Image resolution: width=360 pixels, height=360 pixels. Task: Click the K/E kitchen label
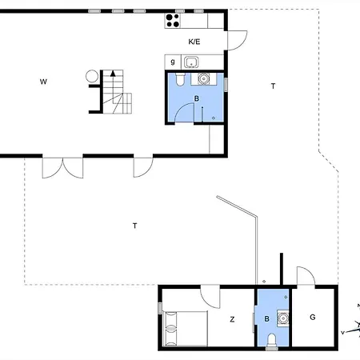[x=194, y=42]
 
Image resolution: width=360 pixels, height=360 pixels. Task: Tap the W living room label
[x=43, y=82]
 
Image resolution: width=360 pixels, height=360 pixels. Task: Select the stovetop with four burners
[x=173, y=21]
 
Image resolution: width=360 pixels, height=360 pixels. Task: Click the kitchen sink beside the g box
[x=191, y=62]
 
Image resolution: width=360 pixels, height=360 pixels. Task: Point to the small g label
[x=173, y=62]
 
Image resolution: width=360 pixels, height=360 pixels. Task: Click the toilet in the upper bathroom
[x=180, y=79]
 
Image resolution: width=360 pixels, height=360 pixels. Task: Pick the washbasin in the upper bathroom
[x=204, y=78]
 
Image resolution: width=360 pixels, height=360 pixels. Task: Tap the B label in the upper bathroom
[x=197, y=98]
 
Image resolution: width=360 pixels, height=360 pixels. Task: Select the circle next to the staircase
[x=92, y=76]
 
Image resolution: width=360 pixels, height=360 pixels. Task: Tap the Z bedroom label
[x=232, y=319]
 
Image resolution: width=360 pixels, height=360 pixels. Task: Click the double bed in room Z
[x=185, y=329]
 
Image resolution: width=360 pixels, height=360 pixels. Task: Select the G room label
[x=313, y=317]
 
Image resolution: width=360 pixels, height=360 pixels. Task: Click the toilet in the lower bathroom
[x=272, y=342]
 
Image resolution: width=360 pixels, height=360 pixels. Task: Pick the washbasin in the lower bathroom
[x=282, y=318]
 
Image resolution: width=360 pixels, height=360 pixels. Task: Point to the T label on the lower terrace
[x=135, y=226]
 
